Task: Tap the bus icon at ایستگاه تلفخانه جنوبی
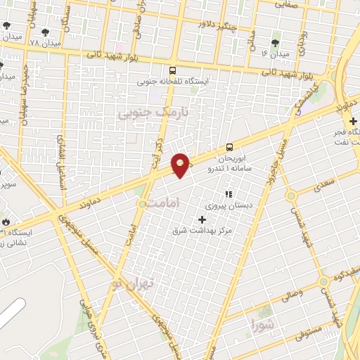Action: [x=173, y=70]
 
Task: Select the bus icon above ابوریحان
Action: [x=230, y=147]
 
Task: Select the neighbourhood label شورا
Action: [x=262, y=324]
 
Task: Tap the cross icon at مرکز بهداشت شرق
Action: [x=203, y=219]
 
